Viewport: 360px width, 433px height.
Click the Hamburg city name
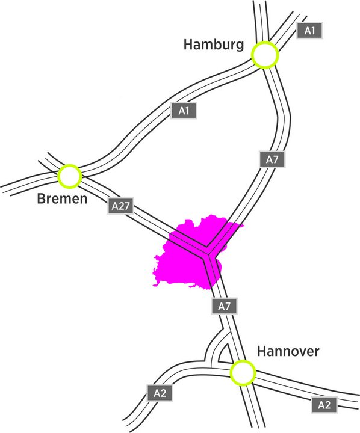[x=214, y=45]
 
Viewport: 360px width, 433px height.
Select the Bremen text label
[x=62, y=198]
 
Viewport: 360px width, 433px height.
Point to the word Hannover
[x=288, y=351]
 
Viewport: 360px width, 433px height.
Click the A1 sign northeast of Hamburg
[x=309, y=31]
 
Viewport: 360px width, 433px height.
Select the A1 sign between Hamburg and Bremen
[x=184, y=111]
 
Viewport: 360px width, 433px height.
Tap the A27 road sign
[x=121, y=206]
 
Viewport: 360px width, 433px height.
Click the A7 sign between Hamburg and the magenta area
[x=272, y=159]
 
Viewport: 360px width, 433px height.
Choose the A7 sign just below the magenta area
[x=224, y=306]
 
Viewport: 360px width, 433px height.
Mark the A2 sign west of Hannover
[x=160, y=393]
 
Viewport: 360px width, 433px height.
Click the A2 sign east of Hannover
[x=324, y=405]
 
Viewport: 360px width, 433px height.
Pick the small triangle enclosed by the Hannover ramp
[x=223, y=355]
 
